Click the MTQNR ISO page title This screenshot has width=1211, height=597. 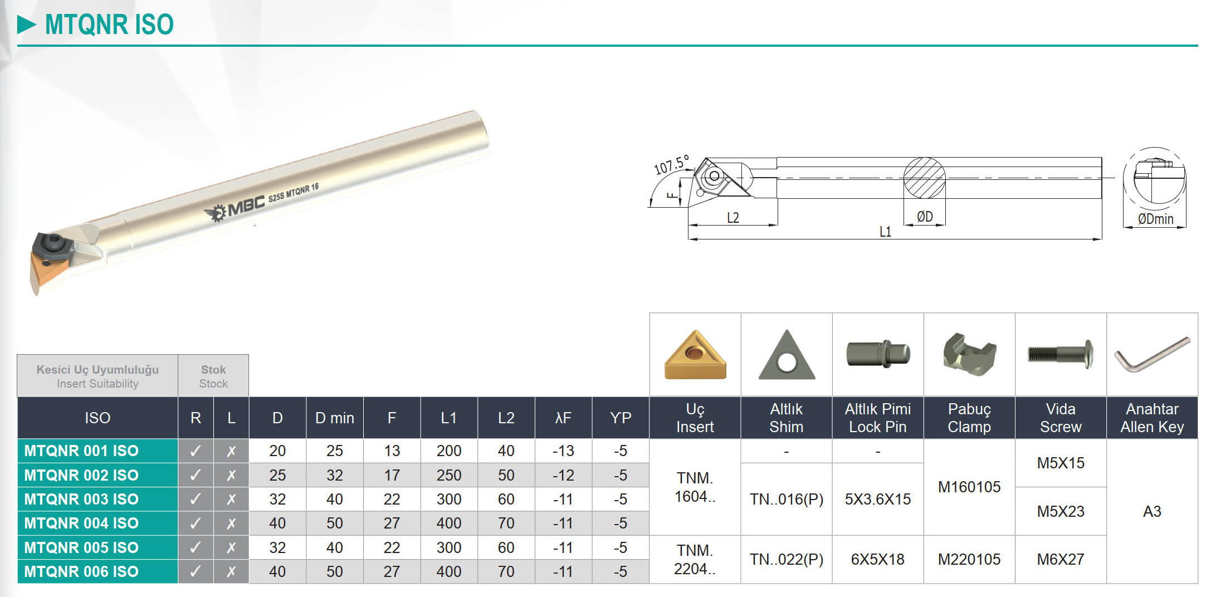click(109, 25)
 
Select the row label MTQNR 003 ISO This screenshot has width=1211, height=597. click(81, 499)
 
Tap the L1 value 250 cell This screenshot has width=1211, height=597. click(449, 475)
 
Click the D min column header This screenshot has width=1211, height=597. click(335, 418)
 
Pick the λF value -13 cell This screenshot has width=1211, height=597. click(563, 451)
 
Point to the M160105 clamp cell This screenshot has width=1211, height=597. click(969, 487)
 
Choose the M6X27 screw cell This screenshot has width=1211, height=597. click(1061, 559)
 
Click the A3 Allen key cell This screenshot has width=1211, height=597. click(1152, 511)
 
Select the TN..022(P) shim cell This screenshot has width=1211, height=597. click(787, 559)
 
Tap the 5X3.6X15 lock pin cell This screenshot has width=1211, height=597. click(878, 499)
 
